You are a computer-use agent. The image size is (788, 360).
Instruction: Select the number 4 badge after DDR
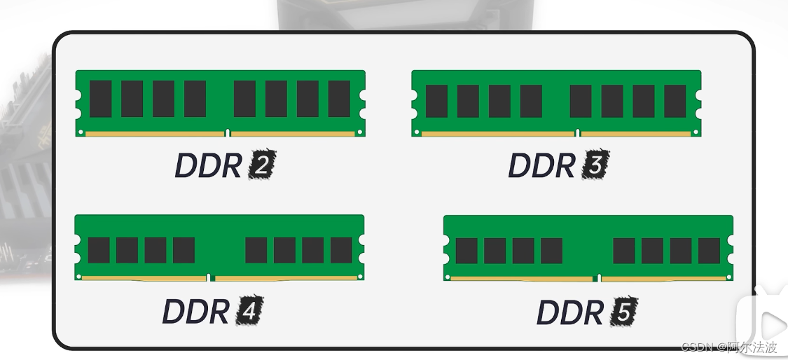[x=250, y=311]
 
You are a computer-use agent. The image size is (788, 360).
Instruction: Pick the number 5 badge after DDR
[x=623, y=312]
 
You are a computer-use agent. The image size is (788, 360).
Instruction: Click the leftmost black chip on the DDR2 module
[x=100, y=98]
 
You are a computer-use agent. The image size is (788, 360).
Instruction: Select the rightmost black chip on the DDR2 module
[x=339, y=98]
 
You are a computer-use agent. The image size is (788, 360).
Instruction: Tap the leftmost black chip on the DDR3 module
[x=436, y=101]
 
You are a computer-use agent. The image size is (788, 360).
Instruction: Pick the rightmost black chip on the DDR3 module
[x=675, y=101]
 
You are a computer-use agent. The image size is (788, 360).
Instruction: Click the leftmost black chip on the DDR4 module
[x=98, y=250]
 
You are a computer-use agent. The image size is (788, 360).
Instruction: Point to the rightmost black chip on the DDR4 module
[x=341, y=250]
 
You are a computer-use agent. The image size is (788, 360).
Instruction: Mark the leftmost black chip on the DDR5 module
[x=466, y=251]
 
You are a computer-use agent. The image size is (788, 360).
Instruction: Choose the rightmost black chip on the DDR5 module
[x=709, y=251]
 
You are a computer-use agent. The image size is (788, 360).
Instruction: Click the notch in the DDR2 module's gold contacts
[x=228, y=132]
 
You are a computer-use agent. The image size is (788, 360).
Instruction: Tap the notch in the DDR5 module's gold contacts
[x=597, y=278]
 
